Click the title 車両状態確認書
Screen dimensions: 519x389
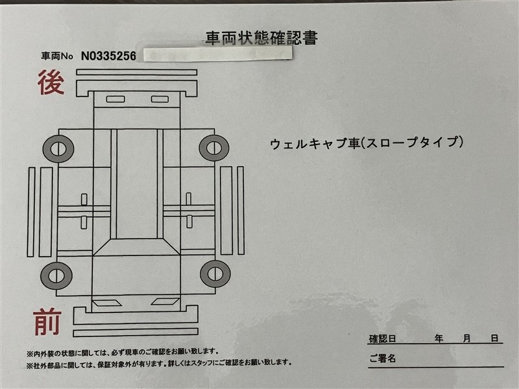[261, 38]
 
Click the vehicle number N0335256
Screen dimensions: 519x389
[108, 56]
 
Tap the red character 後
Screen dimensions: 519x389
[51, 82]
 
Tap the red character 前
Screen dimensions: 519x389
[47, 322]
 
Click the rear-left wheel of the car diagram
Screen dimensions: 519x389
[58, 149]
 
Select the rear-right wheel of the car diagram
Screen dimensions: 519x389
[214, 148]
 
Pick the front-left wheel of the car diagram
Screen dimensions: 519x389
[56, 276]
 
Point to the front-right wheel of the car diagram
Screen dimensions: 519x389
[215, 274]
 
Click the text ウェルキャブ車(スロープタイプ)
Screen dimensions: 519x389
[367, 143]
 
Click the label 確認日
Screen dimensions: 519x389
[382, 338]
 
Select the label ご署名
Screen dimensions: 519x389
[382, 358]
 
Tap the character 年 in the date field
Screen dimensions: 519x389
[439, 338]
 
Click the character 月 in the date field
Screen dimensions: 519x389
[466, 338]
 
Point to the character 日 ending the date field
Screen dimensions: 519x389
[494, 338]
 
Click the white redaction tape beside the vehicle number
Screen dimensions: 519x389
[218, 54]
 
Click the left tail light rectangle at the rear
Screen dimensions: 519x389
[115, 99]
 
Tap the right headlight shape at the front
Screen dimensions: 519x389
[165, 301]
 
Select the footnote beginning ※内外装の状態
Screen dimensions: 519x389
[123, 353]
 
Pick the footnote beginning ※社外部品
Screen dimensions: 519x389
[159, 364]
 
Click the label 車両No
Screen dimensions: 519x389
[57, 56]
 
